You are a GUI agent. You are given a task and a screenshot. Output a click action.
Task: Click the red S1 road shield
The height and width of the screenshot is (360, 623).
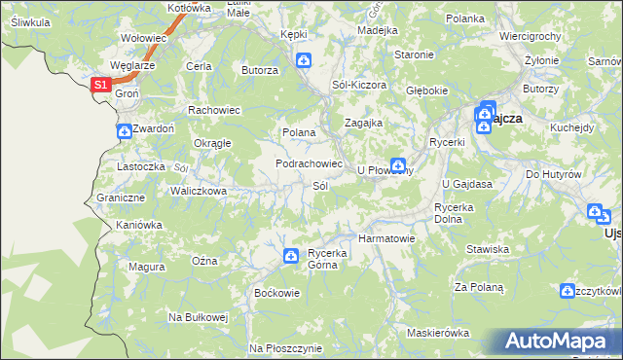pos(101,86)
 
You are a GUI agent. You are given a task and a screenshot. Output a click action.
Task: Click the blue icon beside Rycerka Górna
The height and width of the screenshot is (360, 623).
pos(291,256)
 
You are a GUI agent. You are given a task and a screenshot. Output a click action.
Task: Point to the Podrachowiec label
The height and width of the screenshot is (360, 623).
pos(309,163)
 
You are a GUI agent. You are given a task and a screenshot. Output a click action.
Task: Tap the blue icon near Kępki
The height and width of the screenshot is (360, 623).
pos(304,61)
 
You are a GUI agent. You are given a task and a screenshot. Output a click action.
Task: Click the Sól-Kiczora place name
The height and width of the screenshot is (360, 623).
pos(359,85)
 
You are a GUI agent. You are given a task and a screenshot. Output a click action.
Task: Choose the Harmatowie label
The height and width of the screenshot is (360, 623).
pos(387,237)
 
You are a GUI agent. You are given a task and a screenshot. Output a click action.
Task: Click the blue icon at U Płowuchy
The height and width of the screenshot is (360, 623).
pos(398,165)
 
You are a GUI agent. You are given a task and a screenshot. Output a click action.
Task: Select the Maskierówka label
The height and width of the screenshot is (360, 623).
pos(438,333)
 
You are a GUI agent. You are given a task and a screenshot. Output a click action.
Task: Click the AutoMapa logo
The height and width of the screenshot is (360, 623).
pos(558,342)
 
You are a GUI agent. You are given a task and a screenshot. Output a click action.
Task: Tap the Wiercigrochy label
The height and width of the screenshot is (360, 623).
pos(530,36)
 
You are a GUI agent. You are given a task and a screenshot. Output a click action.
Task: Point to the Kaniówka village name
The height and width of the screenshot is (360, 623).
pos(138,225)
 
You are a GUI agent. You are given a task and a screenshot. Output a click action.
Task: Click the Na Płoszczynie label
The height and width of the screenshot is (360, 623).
pos(285,347)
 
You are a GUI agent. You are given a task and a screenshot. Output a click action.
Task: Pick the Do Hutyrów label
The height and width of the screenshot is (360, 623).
pos(554,174)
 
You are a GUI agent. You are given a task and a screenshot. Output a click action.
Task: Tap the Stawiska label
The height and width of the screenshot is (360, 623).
pos(488,249)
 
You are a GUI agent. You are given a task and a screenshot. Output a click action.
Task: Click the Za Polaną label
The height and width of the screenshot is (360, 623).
pos(479,287)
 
